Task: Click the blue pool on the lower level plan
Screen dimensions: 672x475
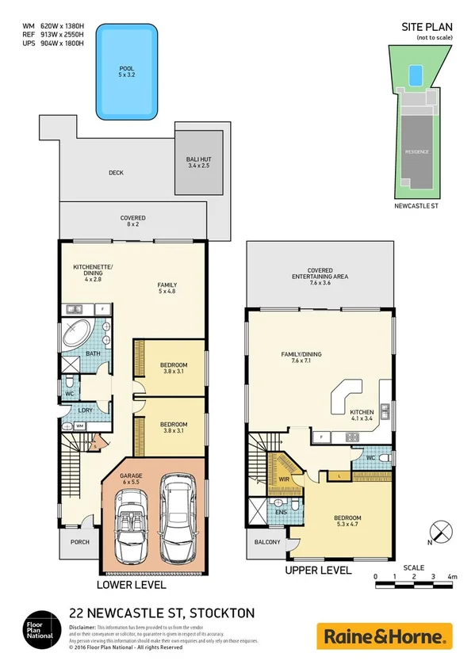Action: (x=126, y=71)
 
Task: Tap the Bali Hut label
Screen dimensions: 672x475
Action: (x=199, y=163)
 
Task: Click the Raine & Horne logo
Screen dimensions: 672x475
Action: (x=384, y=636)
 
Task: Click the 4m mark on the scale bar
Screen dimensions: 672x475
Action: (x=453, y=578)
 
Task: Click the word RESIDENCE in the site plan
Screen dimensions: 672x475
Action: (x=417, y=151)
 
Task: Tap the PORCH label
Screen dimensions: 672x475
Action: (x=81, y=543)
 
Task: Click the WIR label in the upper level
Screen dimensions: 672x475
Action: (x=283, y=479)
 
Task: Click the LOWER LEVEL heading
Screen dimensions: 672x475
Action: (x=132, y=585)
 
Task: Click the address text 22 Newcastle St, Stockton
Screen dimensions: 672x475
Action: (x=162, y=613)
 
